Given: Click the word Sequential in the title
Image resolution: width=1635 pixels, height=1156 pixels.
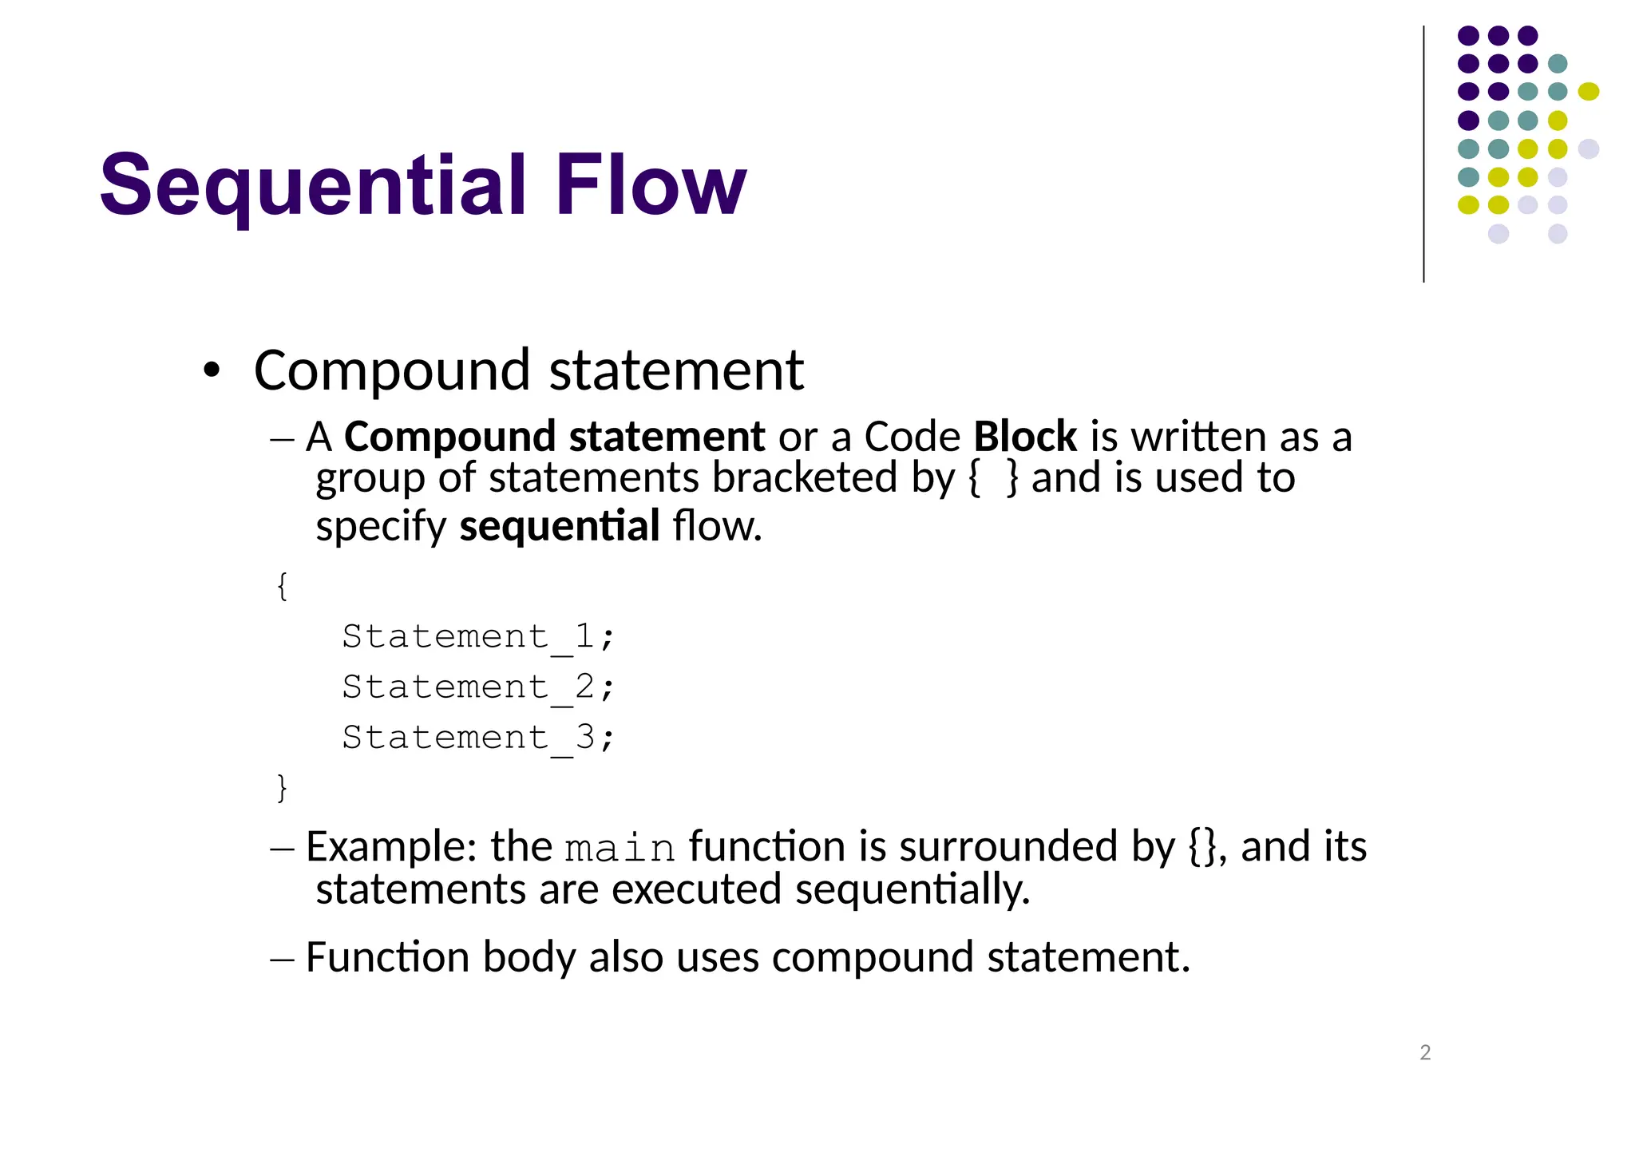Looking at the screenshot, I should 312,185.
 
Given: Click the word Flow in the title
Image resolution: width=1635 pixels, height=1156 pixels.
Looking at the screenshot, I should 651,185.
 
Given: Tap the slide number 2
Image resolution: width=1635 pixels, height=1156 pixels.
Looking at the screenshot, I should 1425,1052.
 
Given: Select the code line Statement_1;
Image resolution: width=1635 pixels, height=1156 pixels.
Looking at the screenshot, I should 477,637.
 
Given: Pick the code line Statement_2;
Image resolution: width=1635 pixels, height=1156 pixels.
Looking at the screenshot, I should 477,687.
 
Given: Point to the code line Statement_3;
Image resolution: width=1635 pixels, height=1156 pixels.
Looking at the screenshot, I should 477,738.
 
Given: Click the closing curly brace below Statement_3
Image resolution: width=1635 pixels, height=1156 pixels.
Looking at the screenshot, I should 282,787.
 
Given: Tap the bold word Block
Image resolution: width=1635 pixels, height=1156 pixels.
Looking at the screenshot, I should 1025,437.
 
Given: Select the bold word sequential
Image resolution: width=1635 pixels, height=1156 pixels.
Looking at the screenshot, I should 560,526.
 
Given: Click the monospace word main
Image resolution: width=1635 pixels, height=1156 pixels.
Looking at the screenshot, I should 620,849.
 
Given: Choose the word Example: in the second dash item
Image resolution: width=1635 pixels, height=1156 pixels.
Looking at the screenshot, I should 391,846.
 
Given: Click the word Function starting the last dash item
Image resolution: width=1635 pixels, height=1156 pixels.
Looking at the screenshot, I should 387,956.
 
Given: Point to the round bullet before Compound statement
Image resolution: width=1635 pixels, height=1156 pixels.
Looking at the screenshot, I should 211,370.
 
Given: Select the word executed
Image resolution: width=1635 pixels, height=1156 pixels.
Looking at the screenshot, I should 696,889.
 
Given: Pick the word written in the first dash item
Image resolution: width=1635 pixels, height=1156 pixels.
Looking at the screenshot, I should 1198,437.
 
